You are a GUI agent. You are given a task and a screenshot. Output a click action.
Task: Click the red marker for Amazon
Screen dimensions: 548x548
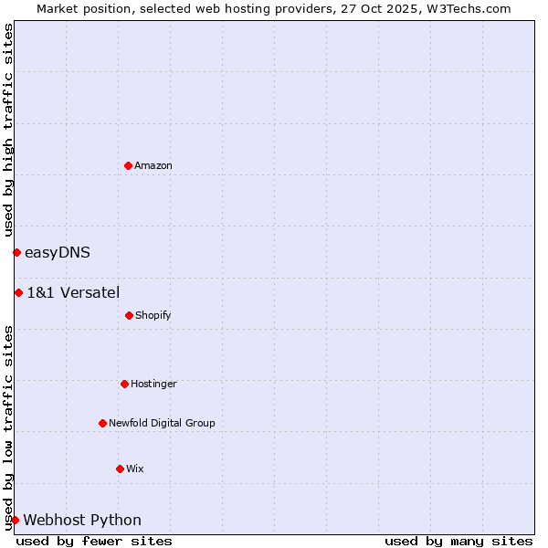point(128,165)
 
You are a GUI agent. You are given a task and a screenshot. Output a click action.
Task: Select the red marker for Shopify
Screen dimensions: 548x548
point(129,315)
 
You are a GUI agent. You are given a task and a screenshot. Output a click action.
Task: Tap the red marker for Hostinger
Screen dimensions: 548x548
point(124,384)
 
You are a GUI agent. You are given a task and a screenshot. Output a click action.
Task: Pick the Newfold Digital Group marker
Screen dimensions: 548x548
point(102,423)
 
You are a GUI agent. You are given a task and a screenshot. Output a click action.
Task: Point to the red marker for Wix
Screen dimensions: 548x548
point(120,469)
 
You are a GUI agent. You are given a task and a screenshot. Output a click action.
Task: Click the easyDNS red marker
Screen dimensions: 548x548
point(16,252)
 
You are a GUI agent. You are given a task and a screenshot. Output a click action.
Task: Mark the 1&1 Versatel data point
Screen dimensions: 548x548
point(18,292)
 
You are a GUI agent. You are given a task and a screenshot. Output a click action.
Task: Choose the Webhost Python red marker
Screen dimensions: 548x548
point(15,520)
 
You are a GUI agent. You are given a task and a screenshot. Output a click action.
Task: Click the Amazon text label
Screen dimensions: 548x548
point(153,165)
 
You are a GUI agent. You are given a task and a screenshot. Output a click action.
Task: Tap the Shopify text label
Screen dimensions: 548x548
point(153,315)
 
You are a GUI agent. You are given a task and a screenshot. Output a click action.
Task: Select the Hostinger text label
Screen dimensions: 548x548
point(153,384)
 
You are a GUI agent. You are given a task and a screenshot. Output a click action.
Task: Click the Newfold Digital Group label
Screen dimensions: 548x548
point(162,423)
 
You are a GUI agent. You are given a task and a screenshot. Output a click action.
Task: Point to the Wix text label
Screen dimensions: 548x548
point(135,469)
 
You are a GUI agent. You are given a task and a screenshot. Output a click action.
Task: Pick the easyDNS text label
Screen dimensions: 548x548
point(58,252)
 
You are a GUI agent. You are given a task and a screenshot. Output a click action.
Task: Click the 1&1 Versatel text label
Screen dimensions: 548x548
point(73,292)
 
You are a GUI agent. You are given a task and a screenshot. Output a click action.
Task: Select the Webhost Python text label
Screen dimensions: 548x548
point(82,520)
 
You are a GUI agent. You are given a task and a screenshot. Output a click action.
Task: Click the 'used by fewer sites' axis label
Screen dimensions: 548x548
point(94,541)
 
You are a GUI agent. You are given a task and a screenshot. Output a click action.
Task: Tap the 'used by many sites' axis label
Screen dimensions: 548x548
point(458,541)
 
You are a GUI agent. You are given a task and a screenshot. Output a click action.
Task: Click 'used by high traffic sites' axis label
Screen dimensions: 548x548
point(8,130)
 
